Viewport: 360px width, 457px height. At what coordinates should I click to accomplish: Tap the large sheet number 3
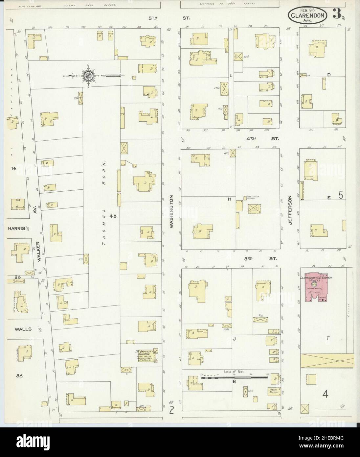click(336, 14)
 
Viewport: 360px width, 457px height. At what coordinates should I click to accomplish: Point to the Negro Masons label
click(273, 391)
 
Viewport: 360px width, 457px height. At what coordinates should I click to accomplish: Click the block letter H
click(230, 199)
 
